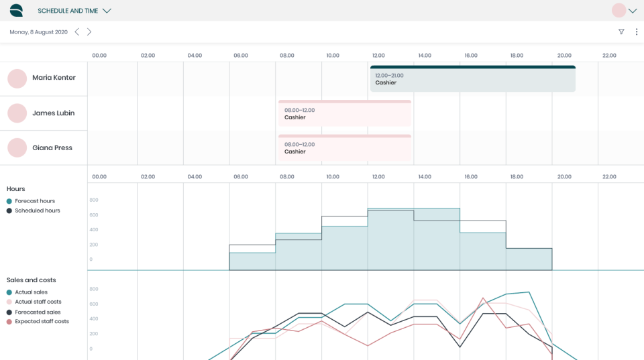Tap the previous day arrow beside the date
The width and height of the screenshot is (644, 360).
pos(77,32)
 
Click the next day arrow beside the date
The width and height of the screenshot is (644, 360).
pos(89,32)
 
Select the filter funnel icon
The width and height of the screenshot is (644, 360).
pos(621,32)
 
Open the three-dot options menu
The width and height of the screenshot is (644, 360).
pos(636,32)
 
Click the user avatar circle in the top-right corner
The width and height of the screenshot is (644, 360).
pos(619,10)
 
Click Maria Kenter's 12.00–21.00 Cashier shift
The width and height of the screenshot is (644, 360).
pos(472,79)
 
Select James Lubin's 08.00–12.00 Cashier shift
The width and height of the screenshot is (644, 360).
pos(344,114)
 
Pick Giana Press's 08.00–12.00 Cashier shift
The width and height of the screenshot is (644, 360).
pos(344,148)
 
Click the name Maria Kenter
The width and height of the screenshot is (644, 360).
pos(54,78)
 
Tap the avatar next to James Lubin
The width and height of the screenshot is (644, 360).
pos(17,113)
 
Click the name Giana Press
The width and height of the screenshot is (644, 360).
pos(52,148)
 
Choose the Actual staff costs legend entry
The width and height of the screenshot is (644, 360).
pos(39,302)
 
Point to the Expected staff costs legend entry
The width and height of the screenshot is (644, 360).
pos(42,322)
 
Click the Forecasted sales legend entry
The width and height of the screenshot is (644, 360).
pos(38,312)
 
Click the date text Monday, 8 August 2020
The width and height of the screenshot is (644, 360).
pos(38,32)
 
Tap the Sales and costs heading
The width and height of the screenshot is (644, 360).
pos(31,280)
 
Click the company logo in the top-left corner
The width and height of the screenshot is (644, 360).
pos(16,10)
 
